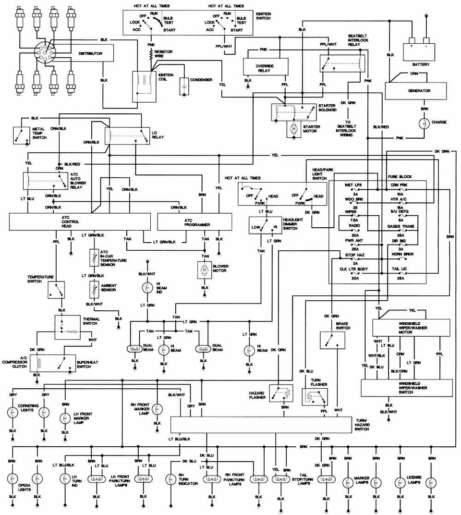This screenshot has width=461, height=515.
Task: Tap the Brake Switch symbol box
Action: click(332, 340)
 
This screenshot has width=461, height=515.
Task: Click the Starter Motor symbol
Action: click(292, 129)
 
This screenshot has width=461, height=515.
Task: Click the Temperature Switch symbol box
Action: click(56, 289)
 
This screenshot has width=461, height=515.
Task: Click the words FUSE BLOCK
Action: click(400, 177)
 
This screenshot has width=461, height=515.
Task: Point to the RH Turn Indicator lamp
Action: click(170, 479)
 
